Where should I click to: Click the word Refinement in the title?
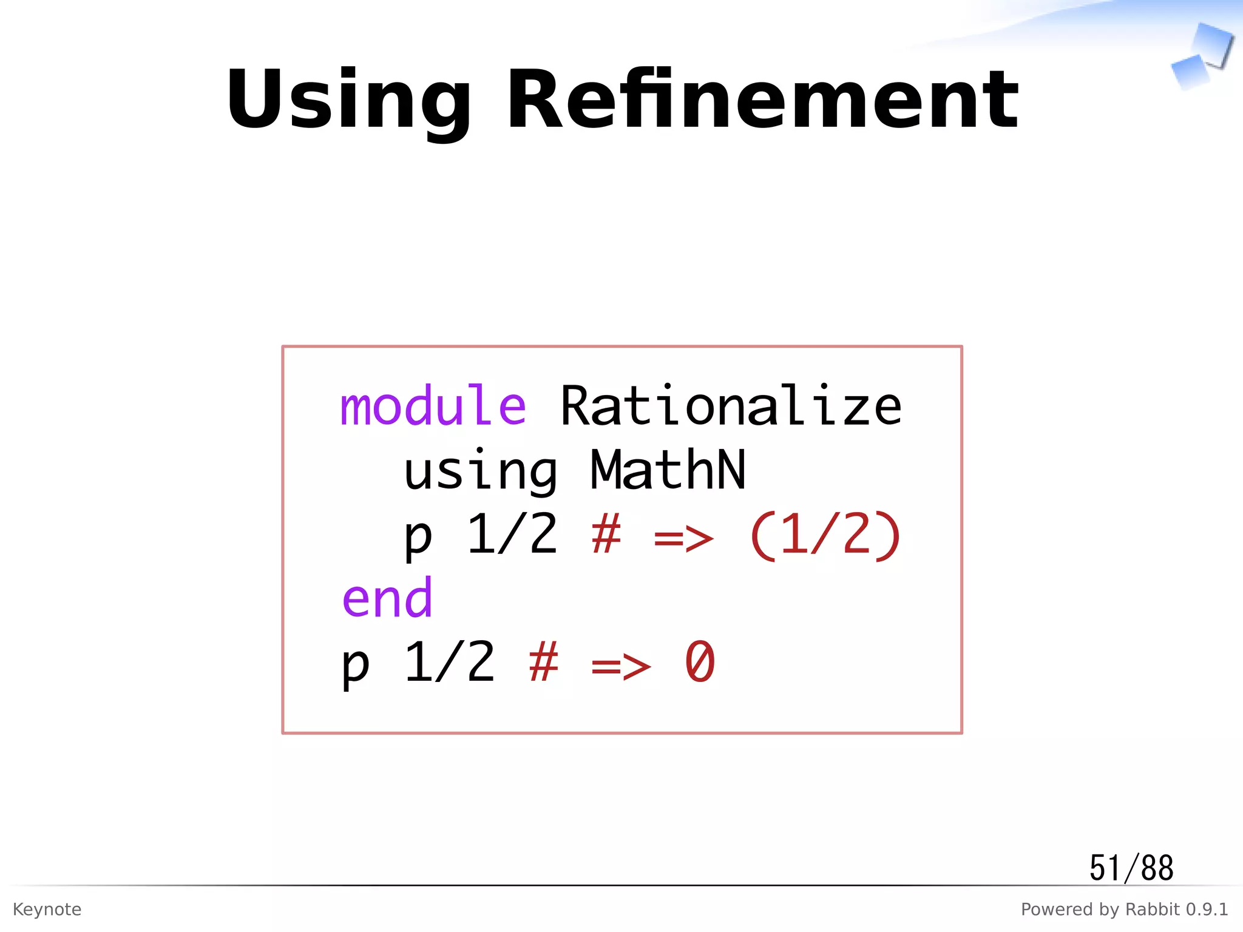(762, 100)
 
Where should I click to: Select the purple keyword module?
(433, 407)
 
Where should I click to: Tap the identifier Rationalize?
(731, 407)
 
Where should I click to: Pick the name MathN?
(668, 470)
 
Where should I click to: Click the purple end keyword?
(387, 599)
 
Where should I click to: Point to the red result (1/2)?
(825, 535)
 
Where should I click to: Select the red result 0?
(700, 663)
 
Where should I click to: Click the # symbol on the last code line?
(543, 663)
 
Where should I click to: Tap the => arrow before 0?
(621, 666)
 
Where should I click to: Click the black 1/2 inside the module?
(512, 534)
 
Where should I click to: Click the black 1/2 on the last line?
(450, 663)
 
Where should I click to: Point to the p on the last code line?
(356, 666)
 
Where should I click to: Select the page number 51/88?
(1131, 868)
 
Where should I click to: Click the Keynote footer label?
(47, 909)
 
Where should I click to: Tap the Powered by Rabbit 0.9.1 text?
(1124, 909)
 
